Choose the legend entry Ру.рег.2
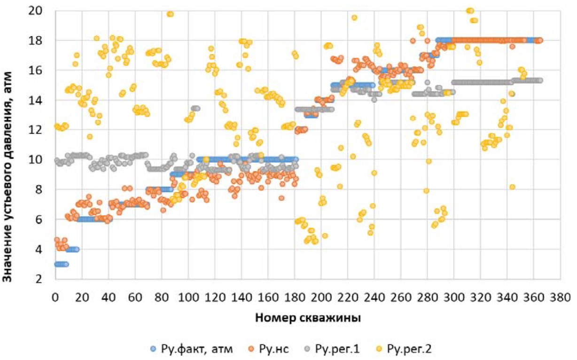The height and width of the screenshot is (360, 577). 406,349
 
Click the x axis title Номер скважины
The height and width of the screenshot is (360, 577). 308,318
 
